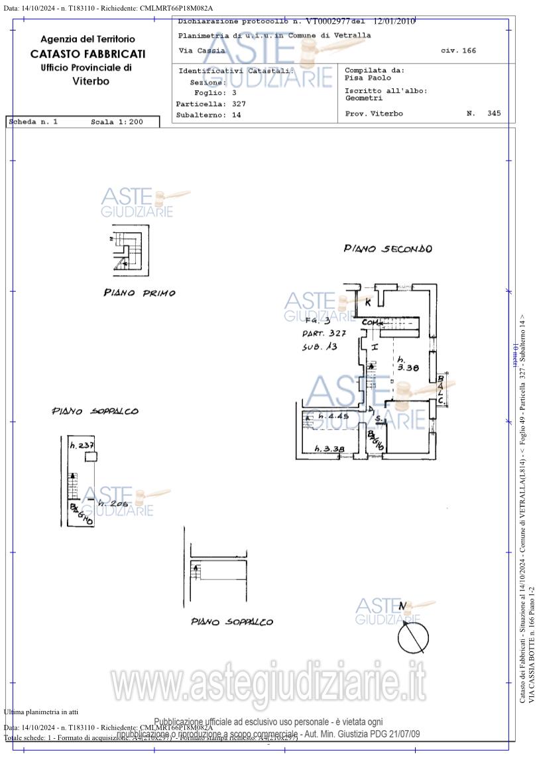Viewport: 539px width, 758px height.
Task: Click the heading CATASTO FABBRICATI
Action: point(88,54)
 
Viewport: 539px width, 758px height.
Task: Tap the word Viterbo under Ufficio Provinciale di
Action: point(90,82)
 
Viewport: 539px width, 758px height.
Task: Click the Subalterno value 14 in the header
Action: point(236,115)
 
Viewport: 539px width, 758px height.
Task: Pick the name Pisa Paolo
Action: point(368,78)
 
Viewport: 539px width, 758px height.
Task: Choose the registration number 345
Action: point(494,113)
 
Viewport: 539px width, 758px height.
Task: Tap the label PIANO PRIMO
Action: point(139,292)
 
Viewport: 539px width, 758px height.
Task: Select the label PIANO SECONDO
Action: point(387,249)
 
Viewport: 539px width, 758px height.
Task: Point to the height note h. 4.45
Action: point(333,416)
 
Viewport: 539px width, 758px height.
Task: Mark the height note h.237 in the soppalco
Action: point(82,446)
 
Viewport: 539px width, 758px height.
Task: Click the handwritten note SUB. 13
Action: point(320,346)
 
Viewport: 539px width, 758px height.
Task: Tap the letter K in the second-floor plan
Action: point(369,302)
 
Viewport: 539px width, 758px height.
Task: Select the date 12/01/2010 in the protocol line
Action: point(394,21)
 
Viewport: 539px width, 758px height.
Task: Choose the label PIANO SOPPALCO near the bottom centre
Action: point(231,622)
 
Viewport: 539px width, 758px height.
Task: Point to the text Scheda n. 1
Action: point(34,122)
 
